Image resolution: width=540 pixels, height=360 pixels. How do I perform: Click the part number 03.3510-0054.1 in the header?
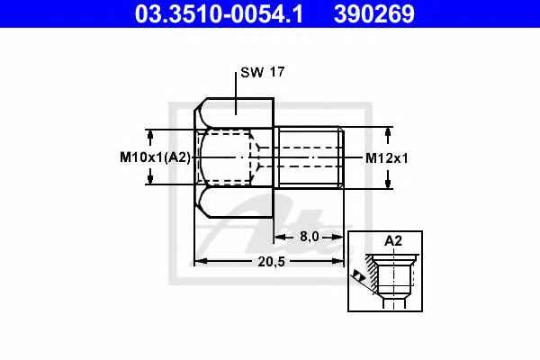pyautogui.click(x=219, y=14)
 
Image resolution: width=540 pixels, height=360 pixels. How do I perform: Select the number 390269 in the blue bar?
pyautogui.click(x=374, y=14)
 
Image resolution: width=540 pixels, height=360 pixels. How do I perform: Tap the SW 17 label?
pyautogui.click(x=263, y=72)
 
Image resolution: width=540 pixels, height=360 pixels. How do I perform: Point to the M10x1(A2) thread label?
pyautogui.click(x=155, y=157)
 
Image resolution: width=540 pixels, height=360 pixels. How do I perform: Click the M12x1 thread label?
pyautogui.click(x=386, y=158)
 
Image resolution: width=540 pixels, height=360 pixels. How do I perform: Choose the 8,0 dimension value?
pyautogui.click(x=310, y=237)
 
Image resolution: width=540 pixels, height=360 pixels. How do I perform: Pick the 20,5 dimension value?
pyautogui.click(x=272, y=262)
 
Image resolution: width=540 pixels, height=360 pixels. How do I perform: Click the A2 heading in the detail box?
pyautogui.click(x=393, y=241)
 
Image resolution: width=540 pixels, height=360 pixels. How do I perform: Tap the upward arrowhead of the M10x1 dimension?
pyautogui.click(x=150, y=135)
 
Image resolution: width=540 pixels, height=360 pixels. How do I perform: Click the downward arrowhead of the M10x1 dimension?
pyautogui.click(x=150, y=179)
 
